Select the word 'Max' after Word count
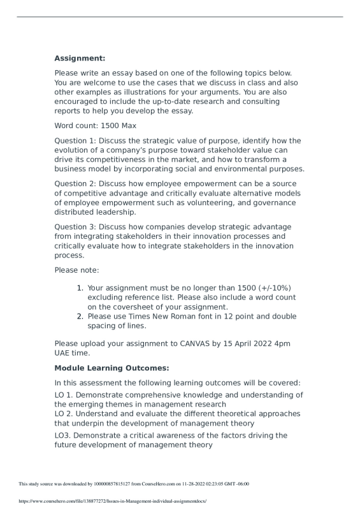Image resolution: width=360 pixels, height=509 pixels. [127, 126]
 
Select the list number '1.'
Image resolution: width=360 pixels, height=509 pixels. [80, 288]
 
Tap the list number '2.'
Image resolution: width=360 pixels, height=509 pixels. [80, 316]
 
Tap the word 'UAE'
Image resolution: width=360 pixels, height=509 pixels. [64, 353]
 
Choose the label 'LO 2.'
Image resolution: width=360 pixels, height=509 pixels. [66, 413]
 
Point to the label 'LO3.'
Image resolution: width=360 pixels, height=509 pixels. [64, 435]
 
